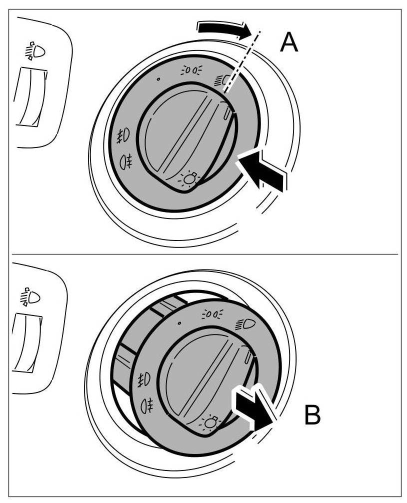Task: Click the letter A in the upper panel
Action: (289, 42)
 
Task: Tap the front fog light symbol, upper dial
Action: (123, 135)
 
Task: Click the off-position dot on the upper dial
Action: (158, 79)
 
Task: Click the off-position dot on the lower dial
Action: (179, 323)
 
